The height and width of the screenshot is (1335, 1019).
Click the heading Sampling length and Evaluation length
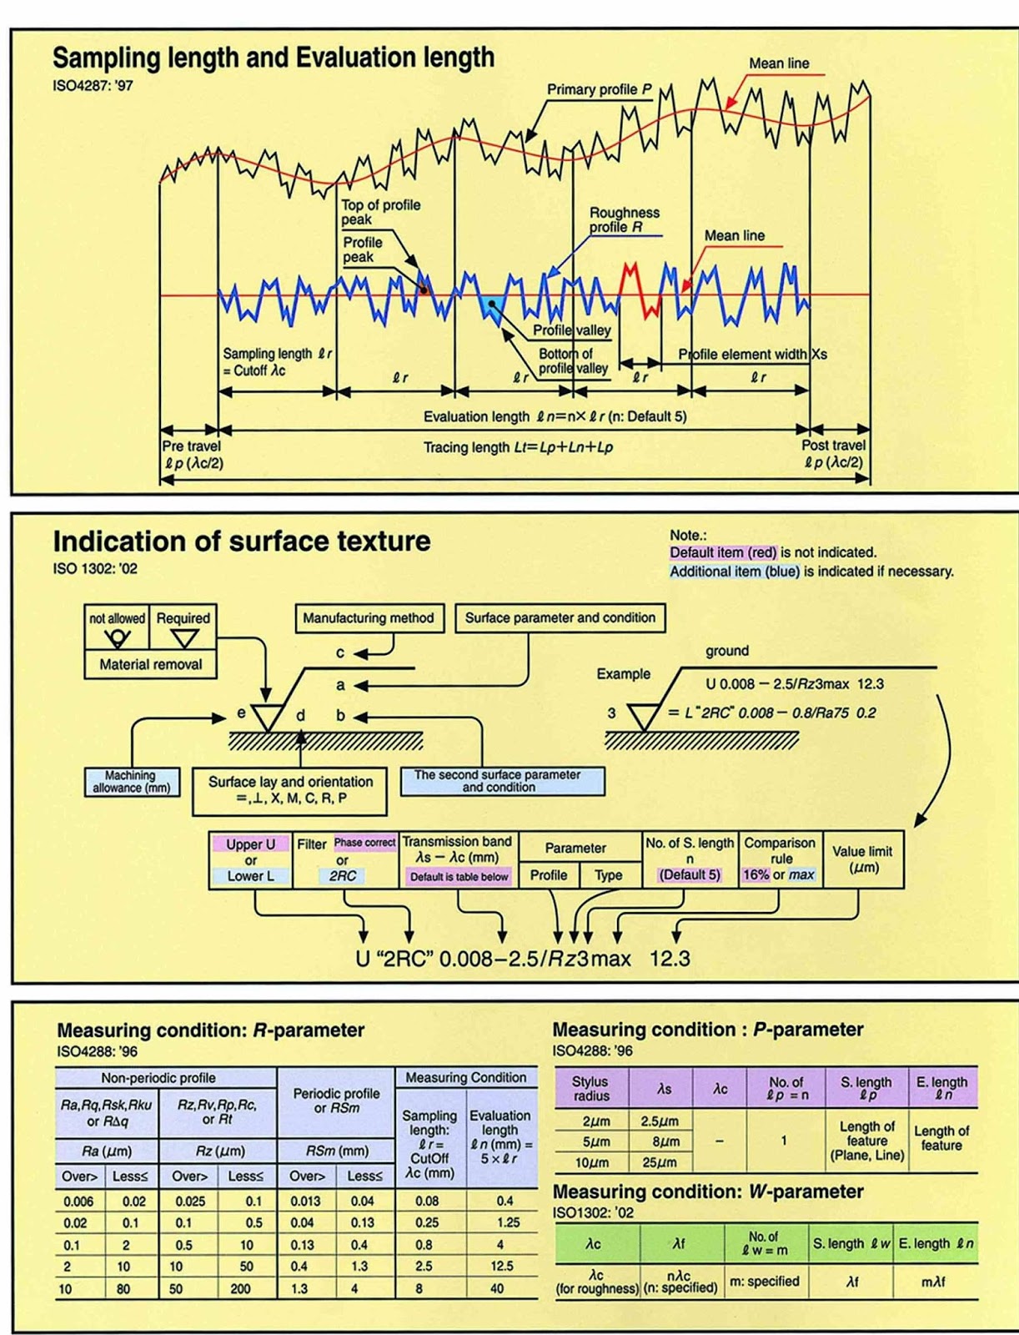[274, 58]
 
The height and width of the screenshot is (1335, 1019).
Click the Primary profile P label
[599, 89]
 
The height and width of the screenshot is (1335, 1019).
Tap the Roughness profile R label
[624, 219]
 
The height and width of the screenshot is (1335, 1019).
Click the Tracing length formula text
[518, 447]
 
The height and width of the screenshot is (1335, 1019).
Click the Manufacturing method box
[368, 618]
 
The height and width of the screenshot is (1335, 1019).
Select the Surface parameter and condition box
[560, 618]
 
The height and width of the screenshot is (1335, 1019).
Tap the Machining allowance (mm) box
[132, 781]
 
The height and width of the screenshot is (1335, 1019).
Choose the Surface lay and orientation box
[289, 789]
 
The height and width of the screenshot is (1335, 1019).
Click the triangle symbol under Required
[183, 639]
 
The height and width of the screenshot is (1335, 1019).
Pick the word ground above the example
[727, 651]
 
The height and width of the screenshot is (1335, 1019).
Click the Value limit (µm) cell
[862, 859]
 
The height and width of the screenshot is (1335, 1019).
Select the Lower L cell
[250, 876]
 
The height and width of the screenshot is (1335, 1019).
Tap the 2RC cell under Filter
[342, 876]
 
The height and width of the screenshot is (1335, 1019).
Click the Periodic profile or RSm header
[335, 1100]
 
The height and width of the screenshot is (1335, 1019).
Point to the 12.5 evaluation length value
[501, 1267]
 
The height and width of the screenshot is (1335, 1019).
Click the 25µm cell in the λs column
[659, 1162]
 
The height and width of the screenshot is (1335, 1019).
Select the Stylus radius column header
[590, 1088]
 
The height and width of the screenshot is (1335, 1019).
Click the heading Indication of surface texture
[242, 542]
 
